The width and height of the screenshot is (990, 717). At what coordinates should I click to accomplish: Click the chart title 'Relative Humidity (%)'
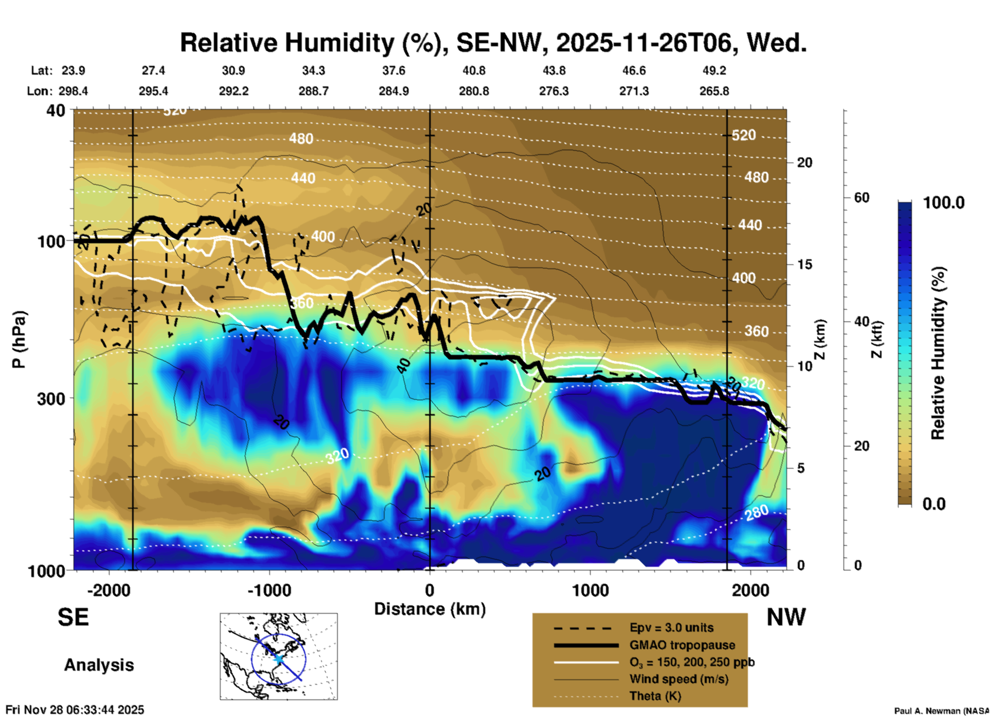click(309, 43)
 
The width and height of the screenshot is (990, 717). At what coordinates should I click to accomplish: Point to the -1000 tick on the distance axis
click(269, 590)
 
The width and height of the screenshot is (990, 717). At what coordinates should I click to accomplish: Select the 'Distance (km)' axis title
click(430, 609)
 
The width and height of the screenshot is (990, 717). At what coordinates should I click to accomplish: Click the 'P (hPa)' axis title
click(19, 339)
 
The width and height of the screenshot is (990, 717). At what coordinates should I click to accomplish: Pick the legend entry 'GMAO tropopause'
click(682, 645)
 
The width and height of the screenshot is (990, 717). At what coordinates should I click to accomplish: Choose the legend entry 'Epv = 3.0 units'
click(671, 628)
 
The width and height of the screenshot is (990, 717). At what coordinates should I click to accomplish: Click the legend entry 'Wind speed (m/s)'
click(679, 679)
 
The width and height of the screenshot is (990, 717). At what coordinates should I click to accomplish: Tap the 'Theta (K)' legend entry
click(655, 696)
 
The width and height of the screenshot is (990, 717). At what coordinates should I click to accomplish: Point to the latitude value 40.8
click(473, 70)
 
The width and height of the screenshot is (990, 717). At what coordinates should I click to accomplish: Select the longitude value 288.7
click(314, 91)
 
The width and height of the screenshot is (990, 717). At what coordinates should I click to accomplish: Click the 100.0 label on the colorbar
click(944, 203)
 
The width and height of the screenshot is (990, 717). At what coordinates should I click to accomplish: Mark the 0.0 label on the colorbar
click(934, 504)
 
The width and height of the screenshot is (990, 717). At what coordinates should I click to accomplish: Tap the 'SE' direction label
click(73, 617)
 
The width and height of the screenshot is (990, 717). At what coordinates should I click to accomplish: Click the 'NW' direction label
click(786, 617)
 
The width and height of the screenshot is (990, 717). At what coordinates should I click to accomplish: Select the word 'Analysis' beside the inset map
click(99, 665)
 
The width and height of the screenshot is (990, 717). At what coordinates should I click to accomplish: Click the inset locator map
click(279, 656)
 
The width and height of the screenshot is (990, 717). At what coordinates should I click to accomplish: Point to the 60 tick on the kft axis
click(861, 198)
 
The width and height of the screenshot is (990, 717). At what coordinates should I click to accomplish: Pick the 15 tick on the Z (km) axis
click(804, 264)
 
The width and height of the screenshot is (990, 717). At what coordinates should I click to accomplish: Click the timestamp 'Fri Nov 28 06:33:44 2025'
click(75, 710)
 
